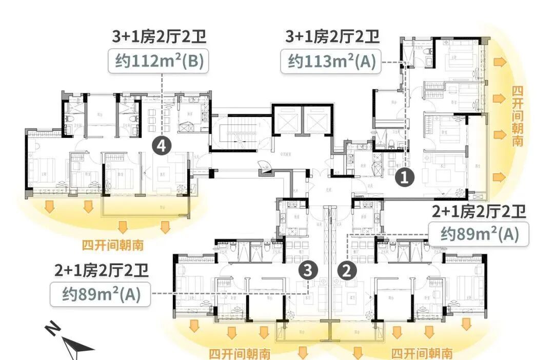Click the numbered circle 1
pyautogui.click(x=405, y=178)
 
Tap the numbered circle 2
pyautogui.click(x=347, y=270)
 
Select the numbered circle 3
pyautogui.click(x=307, y=270)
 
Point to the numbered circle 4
pyautogui.click(x=162, y=147)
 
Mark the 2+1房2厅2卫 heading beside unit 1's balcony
pyautogui.click(x=479, y=211)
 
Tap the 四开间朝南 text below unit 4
pyautogui.click(x=112, y=244)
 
